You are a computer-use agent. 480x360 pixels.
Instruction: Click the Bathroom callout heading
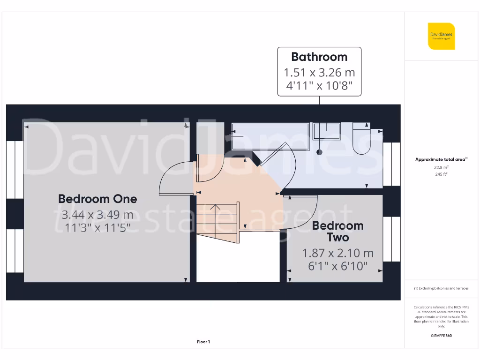coord(319,57)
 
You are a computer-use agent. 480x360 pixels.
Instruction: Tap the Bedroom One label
coord(97,199)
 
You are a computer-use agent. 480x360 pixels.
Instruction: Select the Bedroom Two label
coord(337,231)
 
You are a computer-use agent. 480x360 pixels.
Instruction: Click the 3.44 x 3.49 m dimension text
coord(97,215)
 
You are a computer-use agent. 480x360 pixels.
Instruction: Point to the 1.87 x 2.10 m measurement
coord(337,253)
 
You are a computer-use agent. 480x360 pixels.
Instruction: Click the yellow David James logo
coord(441,36)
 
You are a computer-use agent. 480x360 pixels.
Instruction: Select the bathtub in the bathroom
coord(270,136)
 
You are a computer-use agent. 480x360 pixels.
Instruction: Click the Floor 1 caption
coord(203,342)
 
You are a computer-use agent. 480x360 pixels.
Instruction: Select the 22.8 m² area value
coord(441,167)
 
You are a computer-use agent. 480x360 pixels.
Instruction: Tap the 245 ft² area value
coord(441,174)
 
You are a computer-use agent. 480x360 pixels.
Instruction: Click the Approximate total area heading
coord(441,159)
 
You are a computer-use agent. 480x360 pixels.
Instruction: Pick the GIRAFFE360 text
coord(441,336)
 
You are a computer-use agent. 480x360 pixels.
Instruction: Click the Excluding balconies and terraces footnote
coord(441,288)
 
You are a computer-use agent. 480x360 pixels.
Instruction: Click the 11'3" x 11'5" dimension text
coord(97,228)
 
